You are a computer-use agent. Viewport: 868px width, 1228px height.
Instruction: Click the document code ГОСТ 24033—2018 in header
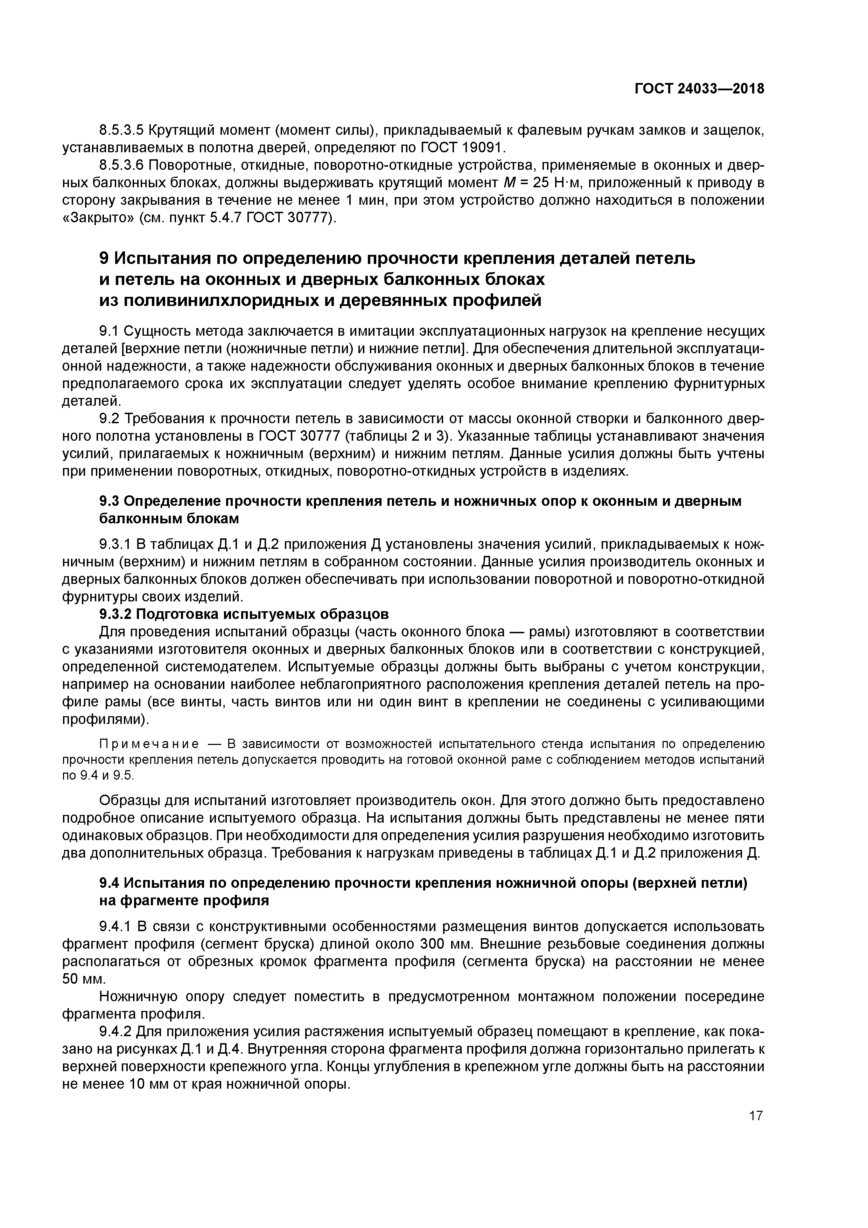[x=699, y=89]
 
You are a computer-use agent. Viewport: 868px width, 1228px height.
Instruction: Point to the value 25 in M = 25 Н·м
[x=541, y=183]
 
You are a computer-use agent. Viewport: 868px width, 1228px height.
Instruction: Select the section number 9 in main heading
[x=104, y=258]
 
